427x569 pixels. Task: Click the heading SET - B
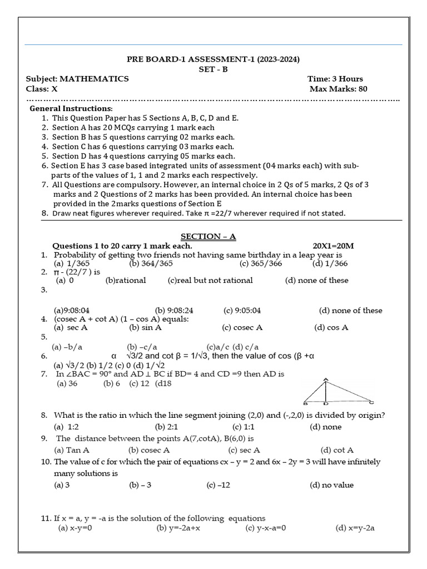pos(213,69)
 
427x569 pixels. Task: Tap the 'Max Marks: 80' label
pos(338,89)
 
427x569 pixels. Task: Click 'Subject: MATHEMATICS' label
pos(77,79)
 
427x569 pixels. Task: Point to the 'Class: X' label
pos(42,89)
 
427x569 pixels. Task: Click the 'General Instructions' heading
pos(71,108)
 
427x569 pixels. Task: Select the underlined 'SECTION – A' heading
pos(213,236)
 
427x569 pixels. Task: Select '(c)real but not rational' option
pos(210,280)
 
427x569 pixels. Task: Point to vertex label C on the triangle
pos(371,403)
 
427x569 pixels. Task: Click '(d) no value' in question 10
pos(331,485)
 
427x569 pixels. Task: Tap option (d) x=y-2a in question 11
pos(355,528)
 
